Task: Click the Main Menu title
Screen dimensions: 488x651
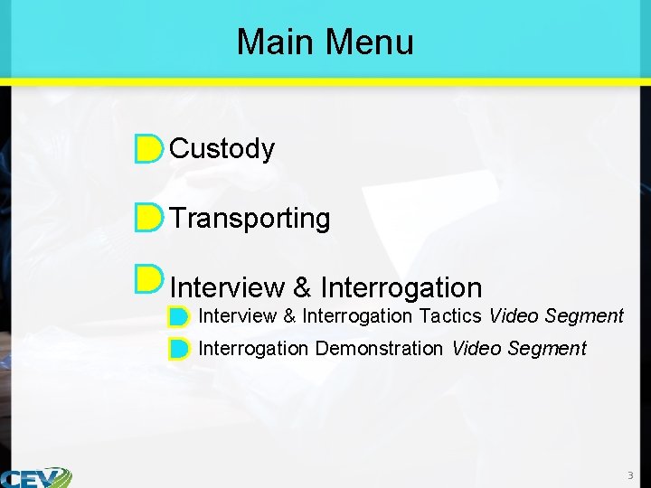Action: pyautogui.click(x=325, y=42)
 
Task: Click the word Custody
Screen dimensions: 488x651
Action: pyautogui.click(x=222, y=148)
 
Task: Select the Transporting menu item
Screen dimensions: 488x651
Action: pyautogui.click(x=250, y=218)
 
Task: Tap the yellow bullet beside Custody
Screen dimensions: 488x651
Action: pyautogui.click(x=148, y=149)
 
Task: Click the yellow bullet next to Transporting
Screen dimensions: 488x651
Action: pyautogui.click(x=148, y=218)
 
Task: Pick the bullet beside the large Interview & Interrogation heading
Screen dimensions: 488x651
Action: pyautogui.click(x=148, y=279)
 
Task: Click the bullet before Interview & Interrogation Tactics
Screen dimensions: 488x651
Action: pyautogui.click(x=178, y=317)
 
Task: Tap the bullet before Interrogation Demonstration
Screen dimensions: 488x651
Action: pyautogui.click(x=178, y=349)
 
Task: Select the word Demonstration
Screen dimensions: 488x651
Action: pyautogui.click(x=379, y=349)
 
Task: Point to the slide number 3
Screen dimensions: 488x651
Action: pyautogui.click(x=630, y=475)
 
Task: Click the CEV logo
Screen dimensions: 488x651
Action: pyautogui.click(x=36, y=477)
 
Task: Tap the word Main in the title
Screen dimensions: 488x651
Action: pyautogui.click(x=275, y=42)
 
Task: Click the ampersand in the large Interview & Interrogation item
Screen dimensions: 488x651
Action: pyautogui.click(x=302, y=288)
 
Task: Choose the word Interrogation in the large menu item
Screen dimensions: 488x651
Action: pyautogui.click(x=401, y=288)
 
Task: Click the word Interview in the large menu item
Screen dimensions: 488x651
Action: pyautogui.click(x=227, y=288)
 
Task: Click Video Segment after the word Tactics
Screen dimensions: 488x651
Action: pyautogui.click(x=556, y=316)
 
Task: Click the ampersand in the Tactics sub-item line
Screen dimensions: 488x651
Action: pyautogui.click(x=289, y=316)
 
